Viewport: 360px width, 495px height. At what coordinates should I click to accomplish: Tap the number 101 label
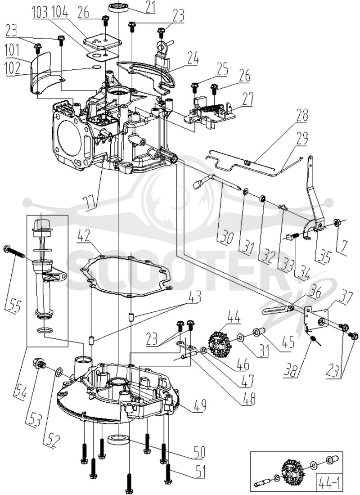click(x=13, y=50)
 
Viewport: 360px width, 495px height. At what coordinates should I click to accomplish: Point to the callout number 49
click(x=200, y=405)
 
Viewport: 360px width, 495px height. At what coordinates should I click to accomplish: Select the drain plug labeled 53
click(x=39, y=364)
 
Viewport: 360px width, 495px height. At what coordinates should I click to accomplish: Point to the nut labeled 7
click(x=336, y=224)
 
